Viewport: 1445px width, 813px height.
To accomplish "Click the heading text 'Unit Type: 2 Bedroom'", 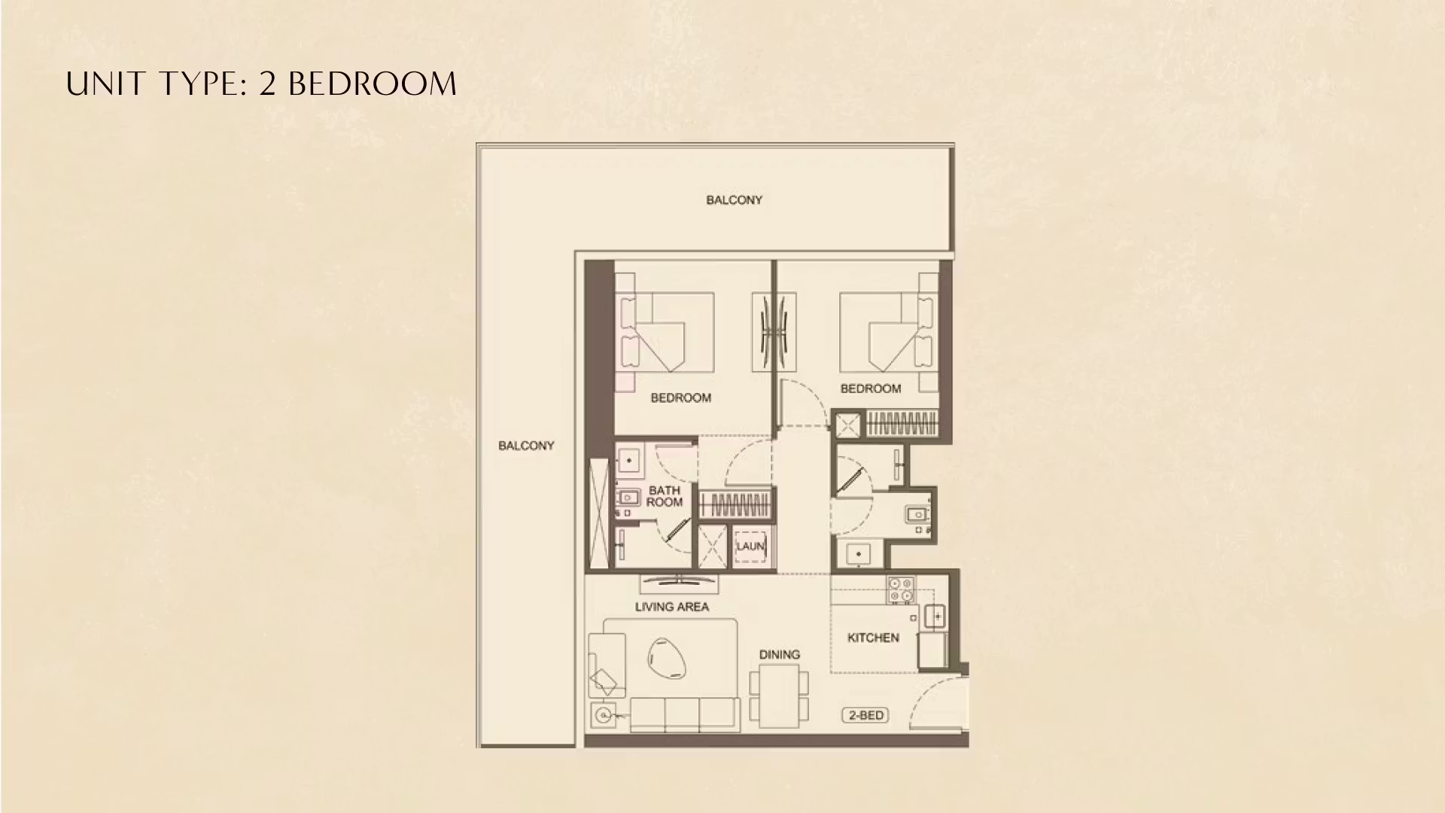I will click(x=261, y=84).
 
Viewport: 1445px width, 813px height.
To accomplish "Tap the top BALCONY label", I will click(x=734, y=200).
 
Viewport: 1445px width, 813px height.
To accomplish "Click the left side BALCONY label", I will click(x=526, y=446).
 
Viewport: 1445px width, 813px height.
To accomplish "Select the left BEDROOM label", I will click(x=680, y=398).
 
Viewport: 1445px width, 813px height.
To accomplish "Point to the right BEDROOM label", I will click(x=870, y=389).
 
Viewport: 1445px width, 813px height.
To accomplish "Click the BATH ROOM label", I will click(x=664, y=497).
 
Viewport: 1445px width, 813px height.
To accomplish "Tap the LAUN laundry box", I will click(x=750, y=547).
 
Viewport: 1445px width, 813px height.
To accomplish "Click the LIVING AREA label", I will click(x=671, y=607).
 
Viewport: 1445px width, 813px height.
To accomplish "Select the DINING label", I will click(x=779, y=655).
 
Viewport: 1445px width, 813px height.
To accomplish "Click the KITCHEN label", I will click(x=873, y=638).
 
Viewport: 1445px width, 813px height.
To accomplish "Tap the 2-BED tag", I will click(x=865, y=715).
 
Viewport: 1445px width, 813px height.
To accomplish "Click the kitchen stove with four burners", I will click(x=900, y=589).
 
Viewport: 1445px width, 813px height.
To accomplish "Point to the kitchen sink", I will click(x=935, y=616).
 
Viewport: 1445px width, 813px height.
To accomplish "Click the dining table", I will click(x=779, y=696).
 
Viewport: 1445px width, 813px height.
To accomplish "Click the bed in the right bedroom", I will click(x=888, y=331).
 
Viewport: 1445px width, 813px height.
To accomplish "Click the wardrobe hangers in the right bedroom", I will click(x=902, y=424).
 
